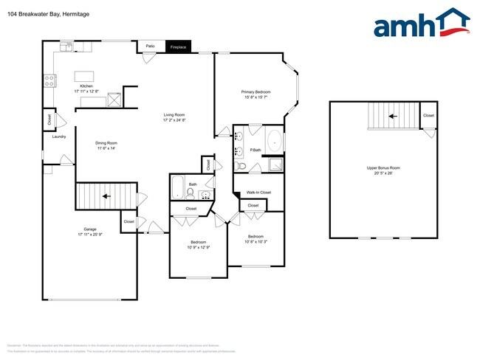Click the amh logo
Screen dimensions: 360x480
pyautogui.click(x=421, y=24)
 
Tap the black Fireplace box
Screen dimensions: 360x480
pyautogui.click(x=178, y=46)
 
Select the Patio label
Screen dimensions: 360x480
pyautogui.click(x=150, y=46)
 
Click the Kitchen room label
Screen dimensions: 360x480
pyautogui.click(x=86, y=88)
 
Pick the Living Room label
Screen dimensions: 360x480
pyautogui.click(x=174, y=117)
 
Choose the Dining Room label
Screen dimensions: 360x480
pyautogui.click(x=106, y=145)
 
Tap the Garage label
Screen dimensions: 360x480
pyautogui.click(x=89, y=231)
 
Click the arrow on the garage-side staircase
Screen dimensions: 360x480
pyautogui.click(x=106, y=196)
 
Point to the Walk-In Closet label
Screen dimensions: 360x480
pyautogui.click(x=258, y=193)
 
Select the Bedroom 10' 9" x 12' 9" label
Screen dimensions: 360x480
pyautogui.click(x=199, y=244)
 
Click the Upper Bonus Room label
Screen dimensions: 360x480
pyautogui.click(x=383, y=170)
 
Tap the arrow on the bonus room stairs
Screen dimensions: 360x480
pyautogui.click(x=392, y=116)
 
